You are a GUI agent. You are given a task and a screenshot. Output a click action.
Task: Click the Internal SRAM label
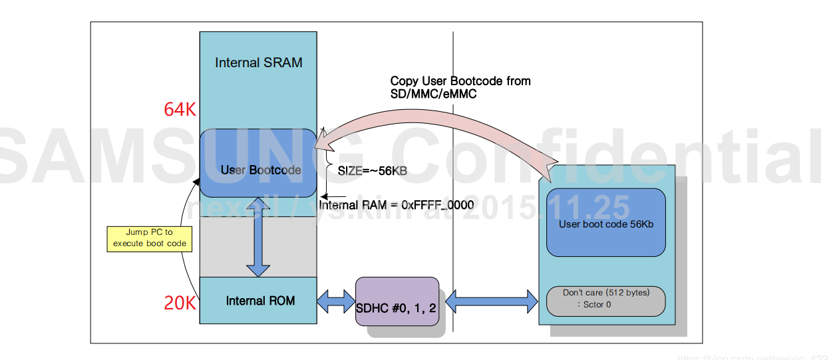pyautogui.click(x=258, y=63)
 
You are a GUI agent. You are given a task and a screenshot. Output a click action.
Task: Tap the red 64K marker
pyautogui.click(x=180, y=110)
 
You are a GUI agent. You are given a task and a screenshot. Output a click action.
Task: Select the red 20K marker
pyautogui.click(x=180, y=303)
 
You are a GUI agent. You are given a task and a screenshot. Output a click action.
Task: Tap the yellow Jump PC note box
pyautogui.click(x=149, y=238)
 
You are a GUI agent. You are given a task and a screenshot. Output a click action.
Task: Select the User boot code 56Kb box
pyautogui.click(x=605, y=224)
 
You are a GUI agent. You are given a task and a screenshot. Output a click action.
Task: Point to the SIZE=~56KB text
pyautogui.click(x=372, y=171)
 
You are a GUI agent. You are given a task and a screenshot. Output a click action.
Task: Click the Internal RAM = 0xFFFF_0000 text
pyautogui.click(x=397, y=205)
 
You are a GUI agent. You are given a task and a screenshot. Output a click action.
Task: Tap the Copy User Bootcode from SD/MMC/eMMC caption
pyautogui.click(x=460, y=88)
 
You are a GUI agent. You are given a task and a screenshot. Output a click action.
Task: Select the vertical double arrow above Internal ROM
pyautogui.click(x=258, y=237)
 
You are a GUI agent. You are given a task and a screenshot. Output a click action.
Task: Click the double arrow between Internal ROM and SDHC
pyautogui.click(x=336, y=301)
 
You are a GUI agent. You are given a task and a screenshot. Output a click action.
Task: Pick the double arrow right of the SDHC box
pyautogui.click(x=491, y=301)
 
